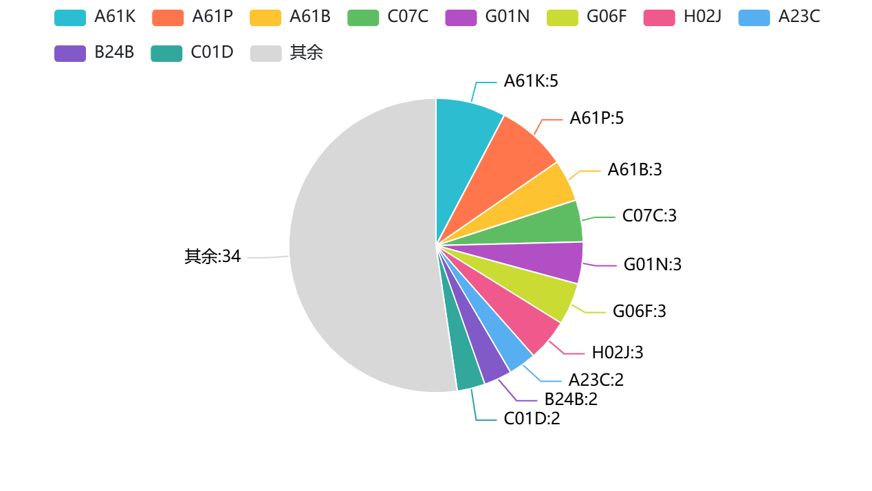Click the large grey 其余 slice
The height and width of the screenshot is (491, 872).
click(358, 248)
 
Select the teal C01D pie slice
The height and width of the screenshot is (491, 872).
click(464, 364)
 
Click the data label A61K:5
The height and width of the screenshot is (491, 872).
click(531, 81)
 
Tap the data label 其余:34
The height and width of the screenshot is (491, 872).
click(212, 257)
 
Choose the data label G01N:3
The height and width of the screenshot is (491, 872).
click(653, 264)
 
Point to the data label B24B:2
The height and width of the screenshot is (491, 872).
click(571, 400)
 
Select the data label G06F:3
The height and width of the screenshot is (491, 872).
click(640, 312)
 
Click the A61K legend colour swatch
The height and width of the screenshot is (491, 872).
click(70, 18)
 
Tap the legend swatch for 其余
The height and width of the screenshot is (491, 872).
click(265, 54)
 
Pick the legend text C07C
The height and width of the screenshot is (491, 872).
click(408, 17)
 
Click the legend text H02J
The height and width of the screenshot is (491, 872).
click(702, 17)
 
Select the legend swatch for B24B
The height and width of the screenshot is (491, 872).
click(70, 54)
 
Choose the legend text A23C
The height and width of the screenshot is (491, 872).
click(799, 17)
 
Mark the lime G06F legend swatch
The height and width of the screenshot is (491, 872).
click(563, 18)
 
